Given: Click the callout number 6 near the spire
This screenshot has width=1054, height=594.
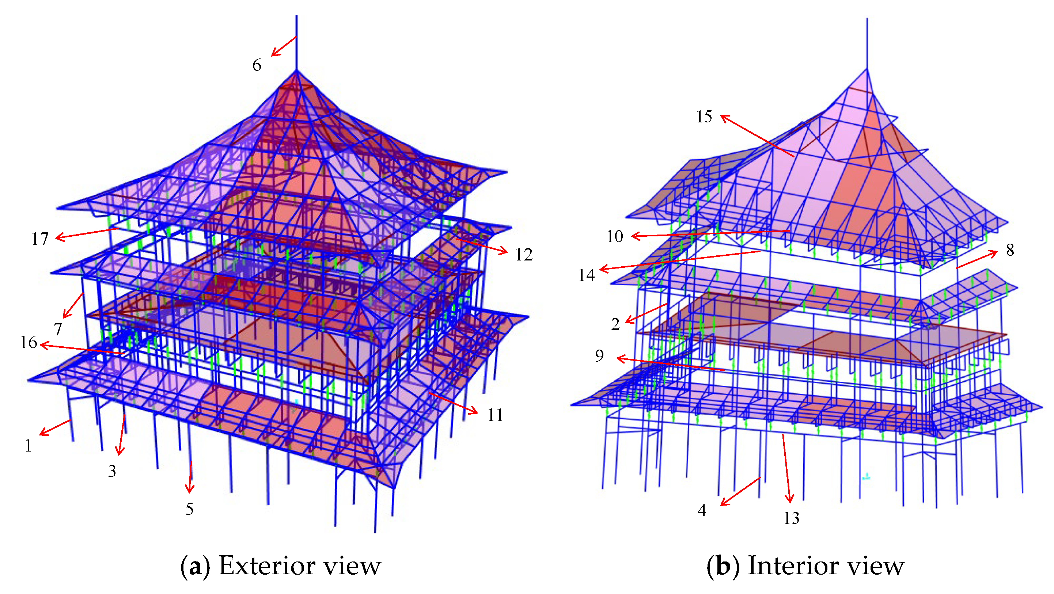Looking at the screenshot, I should tap(257, 65).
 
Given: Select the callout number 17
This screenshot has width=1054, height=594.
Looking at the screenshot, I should tap(40, 239).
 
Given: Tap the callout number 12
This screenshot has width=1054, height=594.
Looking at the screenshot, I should tap(524, 255).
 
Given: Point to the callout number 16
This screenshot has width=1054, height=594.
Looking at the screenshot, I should tap(29, 342).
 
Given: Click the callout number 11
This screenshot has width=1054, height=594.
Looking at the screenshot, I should tap(495, 415).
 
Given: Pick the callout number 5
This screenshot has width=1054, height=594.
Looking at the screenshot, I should tap(189, 509).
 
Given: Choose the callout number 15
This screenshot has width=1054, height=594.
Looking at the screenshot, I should tap(704, 117).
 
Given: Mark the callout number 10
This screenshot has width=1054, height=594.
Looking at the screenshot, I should tap(615, 236).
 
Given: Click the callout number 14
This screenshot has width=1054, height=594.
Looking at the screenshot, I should tap(586, 275).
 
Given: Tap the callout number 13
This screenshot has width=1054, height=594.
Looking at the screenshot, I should tap(791, 518).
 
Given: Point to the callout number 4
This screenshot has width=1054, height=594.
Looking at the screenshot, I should tap(702, 510).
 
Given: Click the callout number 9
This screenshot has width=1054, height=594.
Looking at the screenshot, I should tap(599, 355).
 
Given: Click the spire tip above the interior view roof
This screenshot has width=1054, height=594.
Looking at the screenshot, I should tap(867, 20).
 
